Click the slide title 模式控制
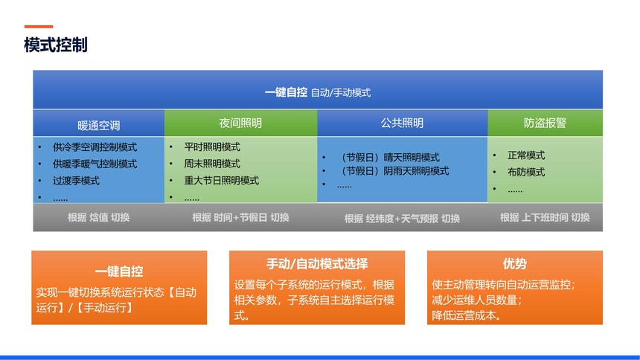coord(56,45)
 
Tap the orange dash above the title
coord(39,27)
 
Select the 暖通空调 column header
coord(99,125)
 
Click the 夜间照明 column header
coord(240,123)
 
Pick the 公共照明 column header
coord(402,123)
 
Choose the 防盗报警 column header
coord(545,123)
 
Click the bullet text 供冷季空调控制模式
coord(95,147)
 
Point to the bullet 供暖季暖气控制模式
coord(95,164)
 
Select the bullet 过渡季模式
coord(76,181)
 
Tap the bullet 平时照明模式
coord(212,147)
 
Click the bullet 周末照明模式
coord(212,164)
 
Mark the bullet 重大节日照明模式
coord(221,181)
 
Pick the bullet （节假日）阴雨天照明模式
coord(393,171)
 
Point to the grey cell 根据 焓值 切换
coord(99,217)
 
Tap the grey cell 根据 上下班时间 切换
coord(545,217)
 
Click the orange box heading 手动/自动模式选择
coord(317,263)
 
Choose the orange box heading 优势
coord(515,263)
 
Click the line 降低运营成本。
coord(467,315)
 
